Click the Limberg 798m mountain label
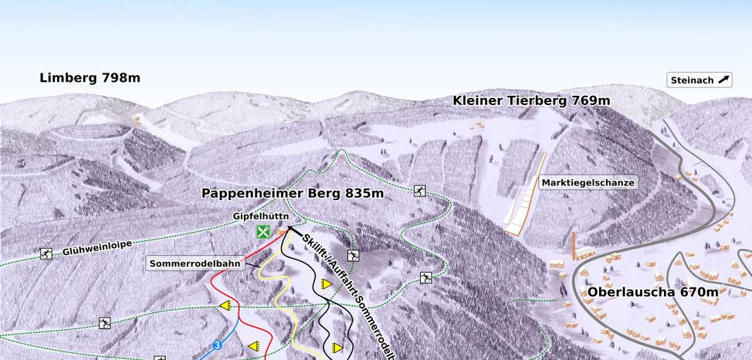pyautogui.click(x=90, y=78)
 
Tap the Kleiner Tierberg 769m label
pyautogui.click(x=531, y=101)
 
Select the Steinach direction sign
pyautogui.click(x=699, y=80)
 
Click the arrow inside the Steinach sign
pyautogui.click(x=723, y=80)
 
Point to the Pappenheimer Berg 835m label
pyautogui.click(x=293, y=193)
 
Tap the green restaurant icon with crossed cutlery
pyautogui.click(x=263, y=231)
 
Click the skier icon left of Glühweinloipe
pyautogui.click(x=46, y=253)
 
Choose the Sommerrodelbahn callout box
pyautogui.click(x=195, y=263)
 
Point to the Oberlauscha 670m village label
pyautogui.click(x=652, y=292)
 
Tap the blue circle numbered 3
pyautogui.click(x=218, y=345)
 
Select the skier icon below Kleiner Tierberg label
pyautogui.click(x=419, y=190)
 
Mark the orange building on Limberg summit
pyautogui.click(x=138, y=120)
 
